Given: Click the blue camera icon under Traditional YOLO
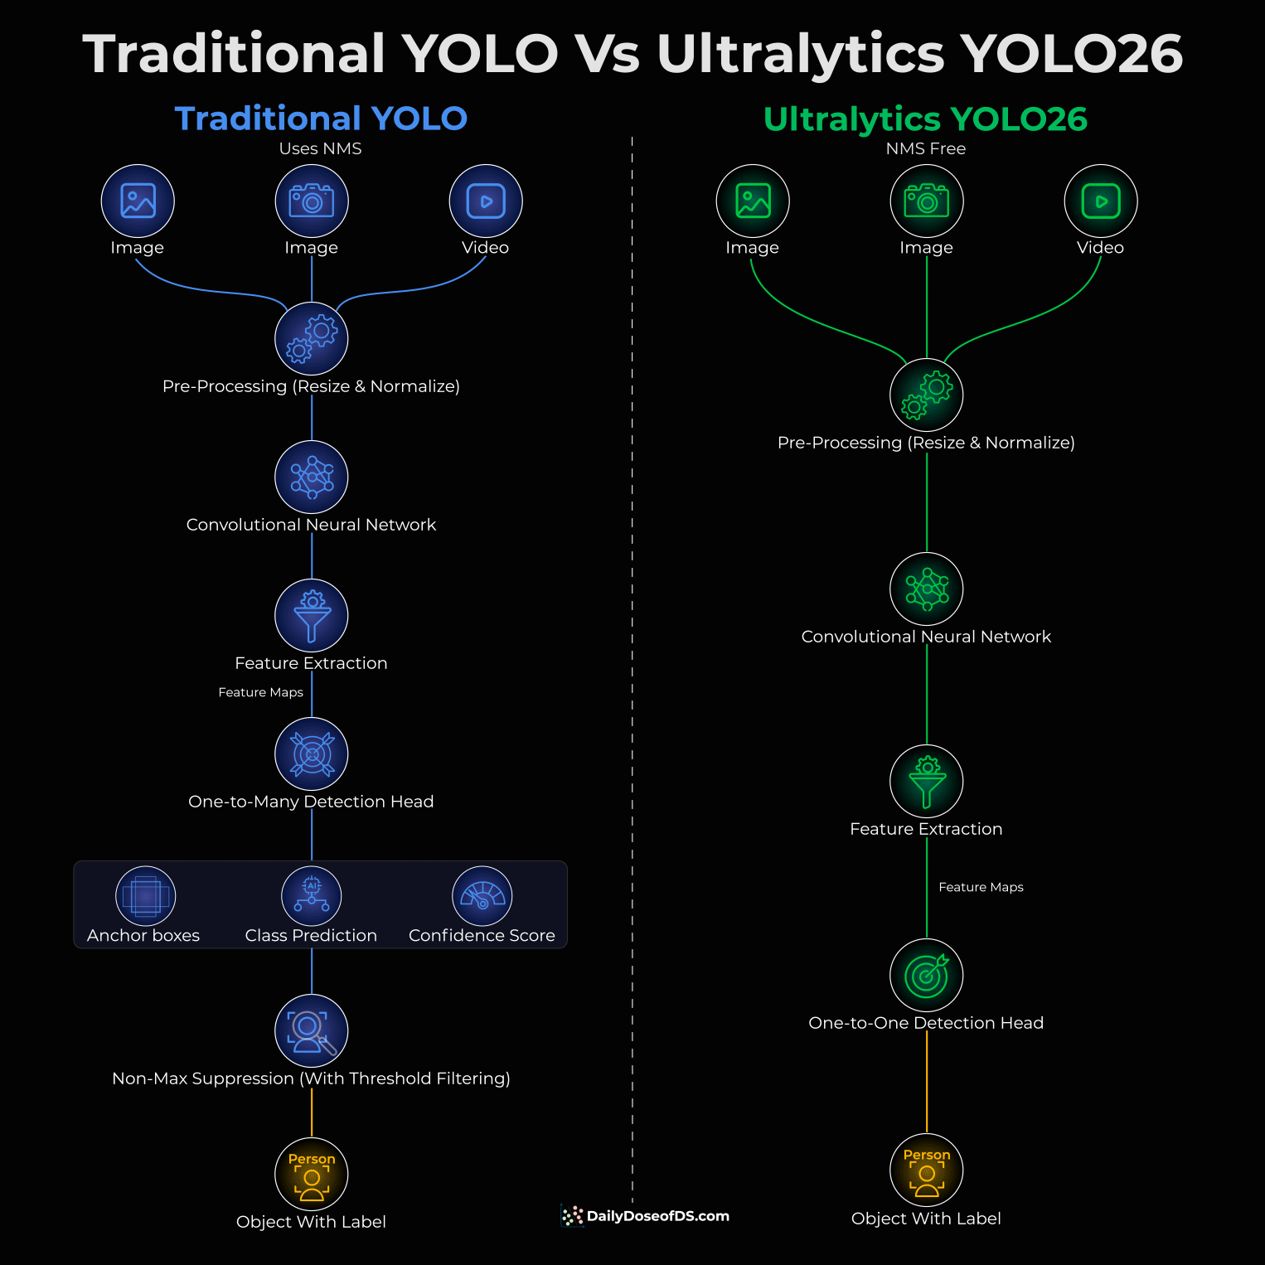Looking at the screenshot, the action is point(312,201).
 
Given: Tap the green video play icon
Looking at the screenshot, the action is point(1101,201).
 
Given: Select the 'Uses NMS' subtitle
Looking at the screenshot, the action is point(320,148).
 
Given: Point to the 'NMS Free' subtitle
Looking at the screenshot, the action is point(926,148).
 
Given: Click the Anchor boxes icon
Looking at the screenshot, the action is point(146,896).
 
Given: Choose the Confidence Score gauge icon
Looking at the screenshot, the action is point(482,896).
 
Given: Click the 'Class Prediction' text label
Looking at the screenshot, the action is point(311,935).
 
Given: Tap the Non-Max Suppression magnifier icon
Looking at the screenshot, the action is point(312,1030).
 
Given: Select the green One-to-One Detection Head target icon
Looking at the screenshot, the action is point(927,976).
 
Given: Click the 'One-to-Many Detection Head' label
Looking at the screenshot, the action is point(311,802).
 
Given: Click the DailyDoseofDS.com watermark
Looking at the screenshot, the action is point(646,1216).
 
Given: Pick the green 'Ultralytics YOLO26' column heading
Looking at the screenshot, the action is point(925,119).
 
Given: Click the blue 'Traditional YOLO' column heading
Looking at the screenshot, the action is point(321,119).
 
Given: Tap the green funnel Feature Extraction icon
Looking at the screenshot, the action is point(927,782).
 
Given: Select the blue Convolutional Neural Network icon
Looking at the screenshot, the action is point(312,477).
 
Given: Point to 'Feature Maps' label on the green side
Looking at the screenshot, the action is point(981,887).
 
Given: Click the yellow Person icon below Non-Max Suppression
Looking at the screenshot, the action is point(312,1175).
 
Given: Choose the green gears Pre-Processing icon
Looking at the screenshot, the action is point(927,395).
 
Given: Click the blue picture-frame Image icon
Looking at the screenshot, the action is point(138,201).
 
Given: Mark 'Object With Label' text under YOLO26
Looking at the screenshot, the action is point(926,1219).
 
